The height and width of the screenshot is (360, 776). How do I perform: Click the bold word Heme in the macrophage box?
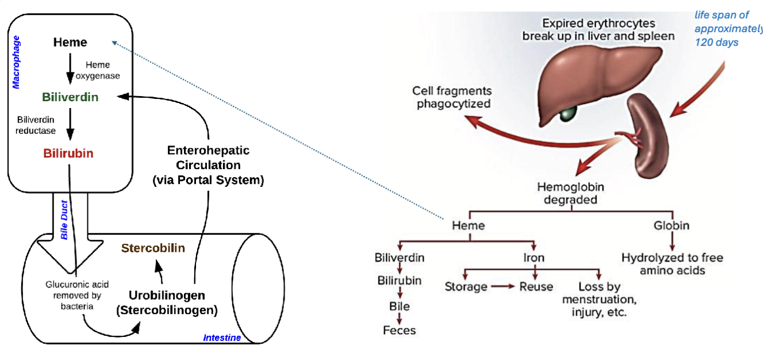click(70, 42)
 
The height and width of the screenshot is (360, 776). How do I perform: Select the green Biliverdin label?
click(70, 97)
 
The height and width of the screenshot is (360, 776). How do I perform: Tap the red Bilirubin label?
click(68, 154)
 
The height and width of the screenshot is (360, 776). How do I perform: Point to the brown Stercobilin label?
click(153, 248)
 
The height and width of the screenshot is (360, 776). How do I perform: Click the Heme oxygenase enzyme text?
click(102, 70)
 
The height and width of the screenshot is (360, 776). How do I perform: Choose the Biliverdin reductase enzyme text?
click(36, 125)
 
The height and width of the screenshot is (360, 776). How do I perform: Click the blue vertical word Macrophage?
click(16, 62)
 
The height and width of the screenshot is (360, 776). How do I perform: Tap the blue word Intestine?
click(222, 338)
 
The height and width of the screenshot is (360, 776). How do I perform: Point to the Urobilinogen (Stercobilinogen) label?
click(167, 302)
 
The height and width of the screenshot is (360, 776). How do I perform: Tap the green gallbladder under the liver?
click(568, 113)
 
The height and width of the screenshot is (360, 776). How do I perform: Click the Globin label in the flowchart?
click(671, 225)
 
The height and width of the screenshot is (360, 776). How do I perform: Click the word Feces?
click(399, 330)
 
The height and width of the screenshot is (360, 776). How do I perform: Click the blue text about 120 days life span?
click(728, 28)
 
